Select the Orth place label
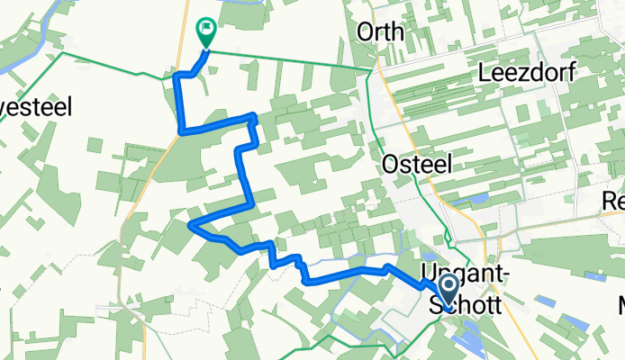[380, 32]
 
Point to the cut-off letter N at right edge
[621, 305]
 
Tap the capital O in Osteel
[393, 164]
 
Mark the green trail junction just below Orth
[372, 69]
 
